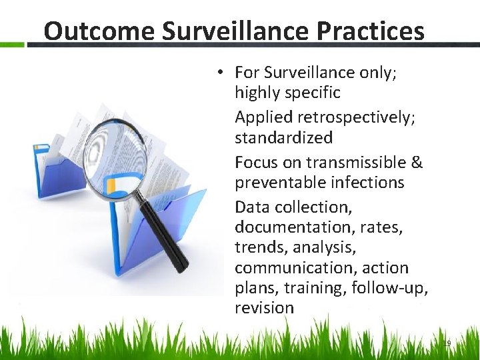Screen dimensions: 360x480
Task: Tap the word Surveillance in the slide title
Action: [x=230, y=31]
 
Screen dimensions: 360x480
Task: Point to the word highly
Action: [x=261, y=92]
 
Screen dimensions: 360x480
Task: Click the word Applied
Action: [x=263, y=117]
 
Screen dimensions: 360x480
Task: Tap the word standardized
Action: [x=283, y=137]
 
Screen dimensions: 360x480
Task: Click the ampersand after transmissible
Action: [x=417, y=163]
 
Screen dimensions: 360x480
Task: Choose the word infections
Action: [x=371, y=182]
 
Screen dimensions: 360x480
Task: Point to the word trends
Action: [x=257, y=247]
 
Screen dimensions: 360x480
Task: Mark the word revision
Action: [x=264, y=307]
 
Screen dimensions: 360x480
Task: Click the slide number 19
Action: [x=447, y=343]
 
